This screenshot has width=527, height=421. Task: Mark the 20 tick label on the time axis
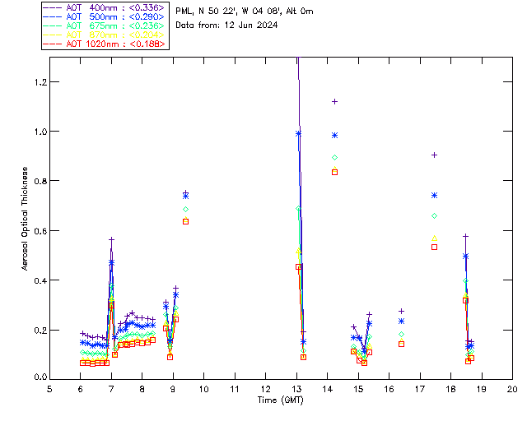[x=512, y=388]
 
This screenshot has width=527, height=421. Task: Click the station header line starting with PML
[x=245, y=11]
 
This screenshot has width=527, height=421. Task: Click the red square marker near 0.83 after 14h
[x=334, y=172]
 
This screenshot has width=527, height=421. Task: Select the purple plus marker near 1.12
[x=334, y=101]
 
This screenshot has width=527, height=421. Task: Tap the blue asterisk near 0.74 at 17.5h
[x=434, y=195]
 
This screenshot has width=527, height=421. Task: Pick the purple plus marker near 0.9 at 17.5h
[x=434, y=155]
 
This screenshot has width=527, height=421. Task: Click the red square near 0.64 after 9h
[x=185, y=221]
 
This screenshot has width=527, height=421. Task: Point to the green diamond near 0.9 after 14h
[x=334, y=157]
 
